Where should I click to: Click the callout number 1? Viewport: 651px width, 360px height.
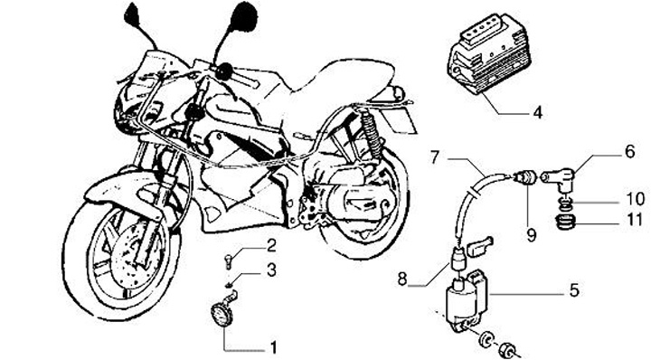(x=273, y=348)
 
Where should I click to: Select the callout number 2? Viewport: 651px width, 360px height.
(x=271, y=246)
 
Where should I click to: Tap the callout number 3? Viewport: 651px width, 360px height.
(x=271, y=270)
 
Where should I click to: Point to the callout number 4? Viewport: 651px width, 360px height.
(x=538, y=112)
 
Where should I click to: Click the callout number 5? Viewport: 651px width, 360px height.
(x=574, y=290)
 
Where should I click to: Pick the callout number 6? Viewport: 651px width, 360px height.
(x=630, y=152)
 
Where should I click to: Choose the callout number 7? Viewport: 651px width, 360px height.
(x=434, y=157)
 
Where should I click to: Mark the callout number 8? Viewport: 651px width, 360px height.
(x=401, y=279)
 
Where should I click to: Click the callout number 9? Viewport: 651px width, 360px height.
(x=532, y=235)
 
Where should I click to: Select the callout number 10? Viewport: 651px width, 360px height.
(x=635, y=199)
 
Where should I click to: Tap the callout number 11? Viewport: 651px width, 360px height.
(x=635, y=220)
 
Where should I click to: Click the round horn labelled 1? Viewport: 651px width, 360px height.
(x=222, y=315)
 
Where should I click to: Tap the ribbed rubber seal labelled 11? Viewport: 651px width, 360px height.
(x=564, y=223)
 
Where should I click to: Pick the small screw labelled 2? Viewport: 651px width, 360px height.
(x=228, y=261)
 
